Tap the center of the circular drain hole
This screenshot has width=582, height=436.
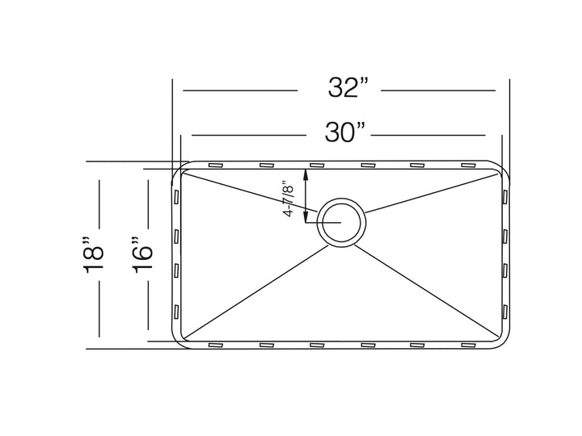340,220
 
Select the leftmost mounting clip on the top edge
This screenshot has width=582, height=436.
217,166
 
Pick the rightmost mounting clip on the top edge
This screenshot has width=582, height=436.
468,166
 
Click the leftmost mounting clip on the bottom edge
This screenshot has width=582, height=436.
217,346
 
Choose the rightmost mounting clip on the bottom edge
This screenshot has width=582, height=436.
468,346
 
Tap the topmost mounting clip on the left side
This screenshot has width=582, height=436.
176,197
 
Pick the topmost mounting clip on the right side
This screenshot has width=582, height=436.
505,197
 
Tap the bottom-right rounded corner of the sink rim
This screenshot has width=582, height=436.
504,344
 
